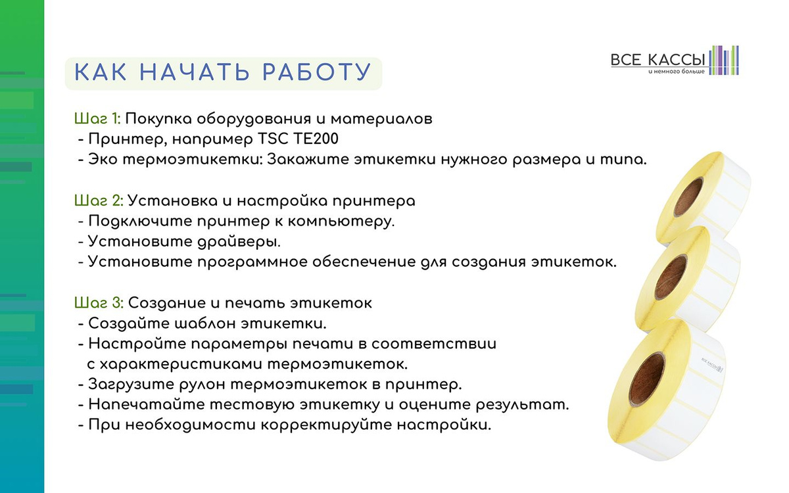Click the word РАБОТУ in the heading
pyautogui.click(x=317, y=72)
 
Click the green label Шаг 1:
pyautogui.click(x=97, y=119)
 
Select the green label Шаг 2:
pyautogui.click(x=99, y=201)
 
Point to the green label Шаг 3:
pyautogui.click(x=99, y=303)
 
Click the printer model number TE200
pyautogui.click(x=316, y=139)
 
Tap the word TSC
pyautogui.click(x=273, y=139)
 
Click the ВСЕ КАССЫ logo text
pyautogui.click(x=657, y=60)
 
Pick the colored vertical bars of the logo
pyautogui.click(x=724, y=60)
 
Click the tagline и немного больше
pyautogui.click(x=677, y=72)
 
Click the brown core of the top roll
pyautogui.click(x=688, y=197)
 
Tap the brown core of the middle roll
pyautogui.click(x=671, y=277)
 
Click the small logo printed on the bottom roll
pyautogui.click(x=712, y=365)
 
